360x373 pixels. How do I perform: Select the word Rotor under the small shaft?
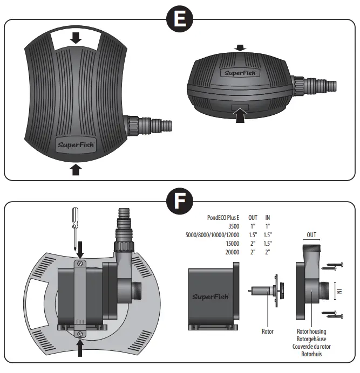(268, 331)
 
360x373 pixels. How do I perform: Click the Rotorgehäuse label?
(311, 339)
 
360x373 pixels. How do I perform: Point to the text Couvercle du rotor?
(311, 346)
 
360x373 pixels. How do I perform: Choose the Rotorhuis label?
(311, 354)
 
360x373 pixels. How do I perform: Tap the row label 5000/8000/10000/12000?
(212, 234)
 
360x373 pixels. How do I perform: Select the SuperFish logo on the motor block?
(210, 296)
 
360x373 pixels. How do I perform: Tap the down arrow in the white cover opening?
(76, 38)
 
